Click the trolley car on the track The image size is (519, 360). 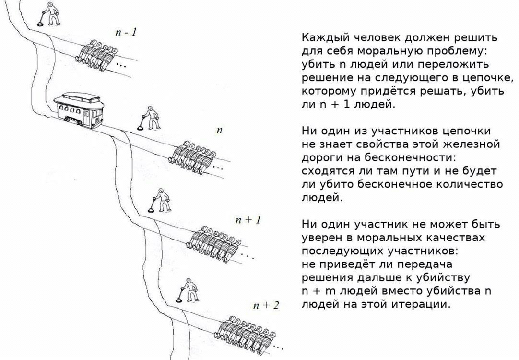click(79, 109)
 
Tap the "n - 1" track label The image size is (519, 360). click(126, 32)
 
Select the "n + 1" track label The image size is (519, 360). click(248, 219)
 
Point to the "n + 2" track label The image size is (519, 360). click(266, 305)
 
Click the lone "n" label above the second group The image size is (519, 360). click(219, 131)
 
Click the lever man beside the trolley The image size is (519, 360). click(151, 118)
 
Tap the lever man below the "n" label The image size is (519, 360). click(161, 200)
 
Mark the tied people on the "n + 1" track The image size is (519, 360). click(214, 243)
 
